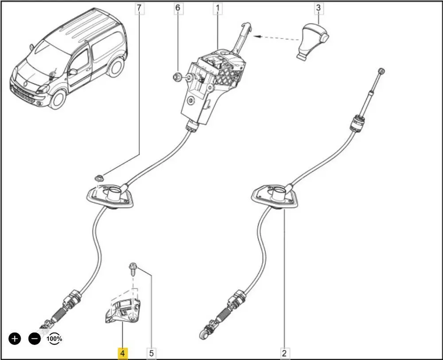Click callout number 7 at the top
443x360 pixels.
coord(140,8)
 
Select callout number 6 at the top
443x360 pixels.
coord(178,8)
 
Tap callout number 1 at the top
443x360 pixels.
coord(218,8)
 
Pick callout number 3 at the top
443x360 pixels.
coord(318,8)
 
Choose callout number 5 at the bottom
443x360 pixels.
coord(152,353)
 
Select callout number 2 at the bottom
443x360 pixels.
coord(284,353)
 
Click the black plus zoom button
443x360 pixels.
coord(15,339)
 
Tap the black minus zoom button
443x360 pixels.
coord(35,339)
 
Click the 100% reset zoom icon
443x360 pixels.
coord(54,339)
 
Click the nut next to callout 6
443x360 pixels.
coord(177,78)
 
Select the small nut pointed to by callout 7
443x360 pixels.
coord(98,178)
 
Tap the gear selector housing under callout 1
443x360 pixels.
coord(208,84)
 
